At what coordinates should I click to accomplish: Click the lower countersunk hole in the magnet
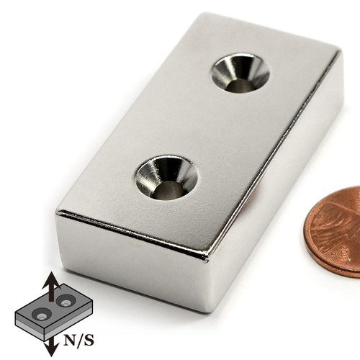click(166, 177)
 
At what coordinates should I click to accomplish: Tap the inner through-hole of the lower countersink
click(170, 189)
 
